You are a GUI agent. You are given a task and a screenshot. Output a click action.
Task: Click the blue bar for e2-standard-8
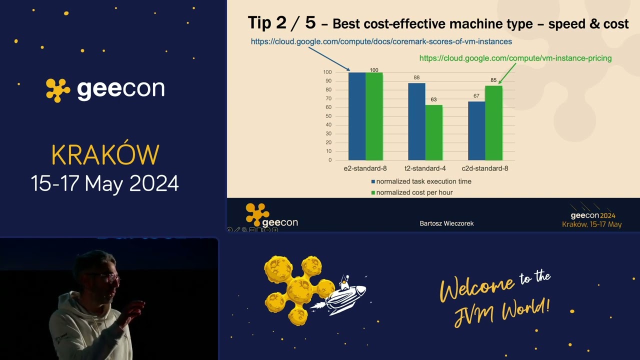pos(357,116)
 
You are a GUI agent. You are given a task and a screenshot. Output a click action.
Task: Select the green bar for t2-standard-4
pos(434,132)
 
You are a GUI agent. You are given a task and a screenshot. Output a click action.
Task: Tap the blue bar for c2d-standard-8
pos(476,130)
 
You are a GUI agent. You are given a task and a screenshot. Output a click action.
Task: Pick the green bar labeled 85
pos(493,122)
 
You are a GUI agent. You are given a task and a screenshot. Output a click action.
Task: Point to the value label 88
pos(416,77)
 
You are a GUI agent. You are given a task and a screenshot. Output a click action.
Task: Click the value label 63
pos(434,99)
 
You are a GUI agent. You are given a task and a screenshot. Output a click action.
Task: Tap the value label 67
pos(476,96)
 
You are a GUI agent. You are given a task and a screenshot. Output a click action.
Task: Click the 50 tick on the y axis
pos(328,116)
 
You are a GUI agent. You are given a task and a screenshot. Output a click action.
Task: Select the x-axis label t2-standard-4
pos(425,168)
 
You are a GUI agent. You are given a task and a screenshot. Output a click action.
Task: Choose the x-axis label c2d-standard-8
pos(485,168)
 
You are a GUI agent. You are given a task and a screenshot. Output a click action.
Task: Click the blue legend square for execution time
pos(373,181)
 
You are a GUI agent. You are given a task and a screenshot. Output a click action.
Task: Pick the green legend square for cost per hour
pos(373,192)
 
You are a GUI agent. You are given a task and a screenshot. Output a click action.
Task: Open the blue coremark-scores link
pos(381,41)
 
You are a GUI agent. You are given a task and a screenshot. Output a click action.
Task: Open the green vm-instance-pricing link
pos(515,58)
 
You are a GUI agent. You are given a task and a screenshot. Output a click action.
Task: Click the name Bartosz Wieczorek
pos(446,223)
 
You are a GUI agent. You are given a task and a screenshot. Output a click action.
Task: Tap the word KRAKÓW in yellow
pos(105,155)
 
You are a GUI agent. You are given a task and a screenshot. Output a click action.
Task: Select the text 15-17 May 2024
pos(105,183)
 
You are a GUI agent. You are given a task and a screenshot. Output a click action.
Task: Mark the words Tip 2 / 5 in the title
pos(282,23)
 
